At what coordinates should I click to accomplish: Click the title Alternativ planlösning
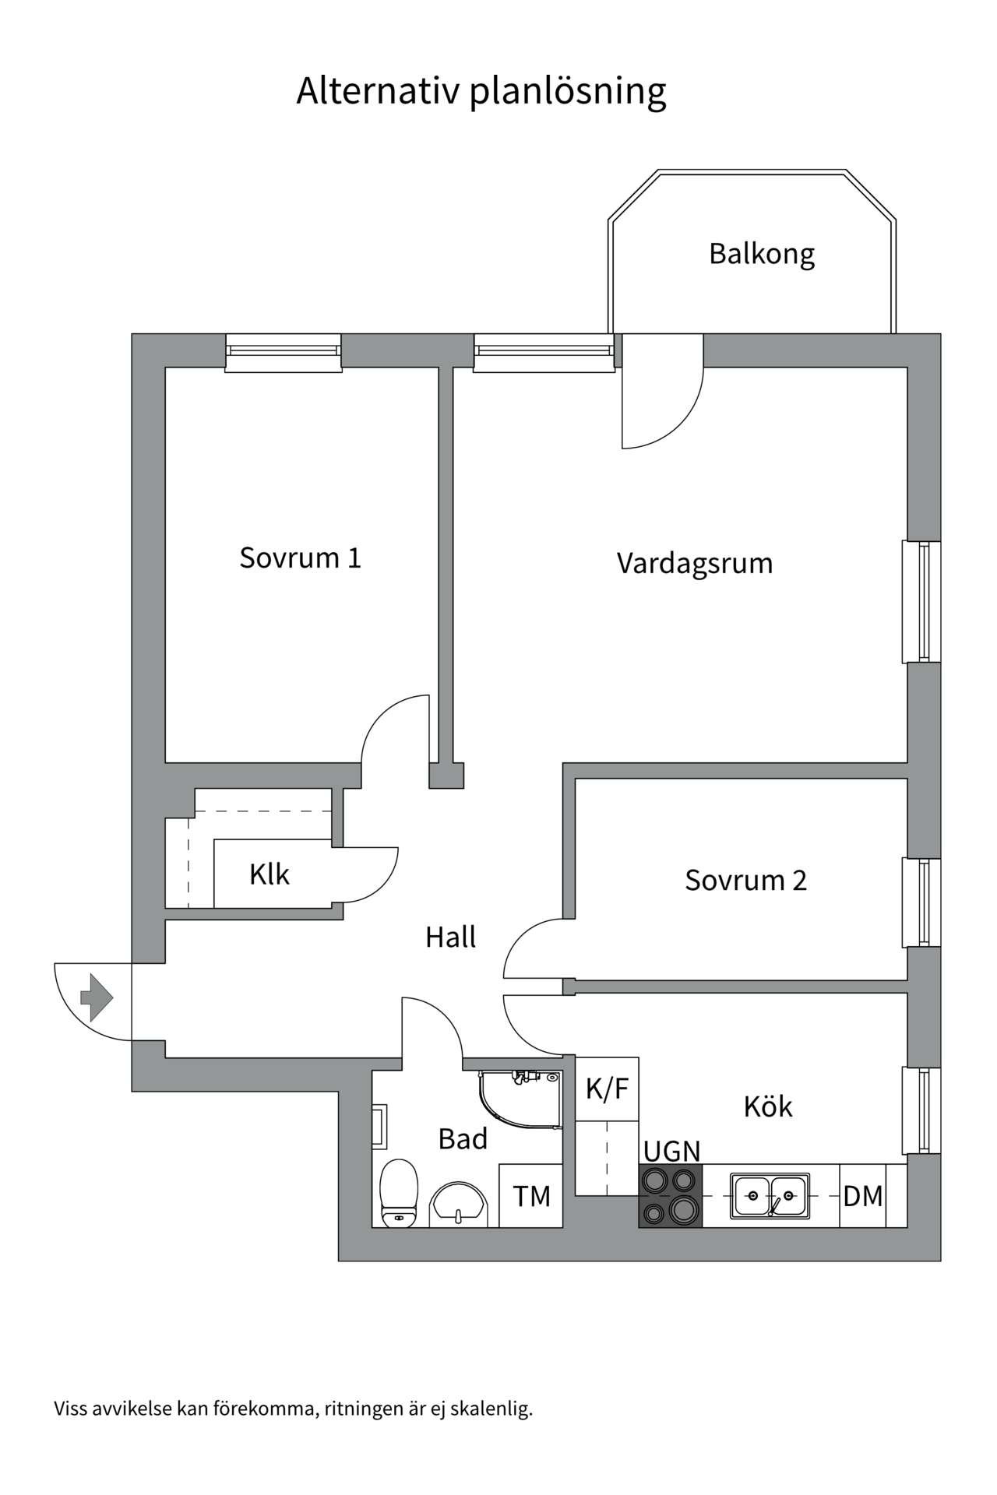(x=481, y=91)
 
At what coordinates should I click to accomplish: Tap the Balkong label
(x=761, y=254)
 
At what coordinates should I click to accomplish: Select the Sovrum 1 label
(x=300, y=558)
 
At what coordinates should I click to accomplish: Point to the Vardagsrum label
(x=694, y=563)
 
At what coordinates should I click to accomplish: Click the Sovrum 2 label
(x=745, y=881)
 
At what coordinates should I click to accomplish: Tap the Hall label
(x=450, y=937)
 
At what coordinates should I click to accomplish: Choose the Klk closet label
(x=269, y=874)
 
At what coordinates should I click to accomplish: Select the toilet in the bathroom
(x=399, y=1193)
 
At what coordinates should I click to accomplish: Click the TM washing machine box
(x=531, y=1196)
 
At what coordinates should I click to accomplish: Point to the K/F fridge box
(x=607, y=1089)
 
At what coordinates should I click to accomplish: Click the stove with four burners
(x=671, y=1196)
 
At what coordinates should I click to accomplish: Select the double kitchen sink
(x=770, y=1196)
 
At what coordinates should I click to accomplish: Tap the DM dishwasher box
(x=862, y=1196)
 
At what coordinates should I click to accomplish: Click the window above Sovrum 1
(x=284, y=353)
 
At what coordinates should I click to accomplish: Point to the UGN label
(x=671, y=1151)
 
